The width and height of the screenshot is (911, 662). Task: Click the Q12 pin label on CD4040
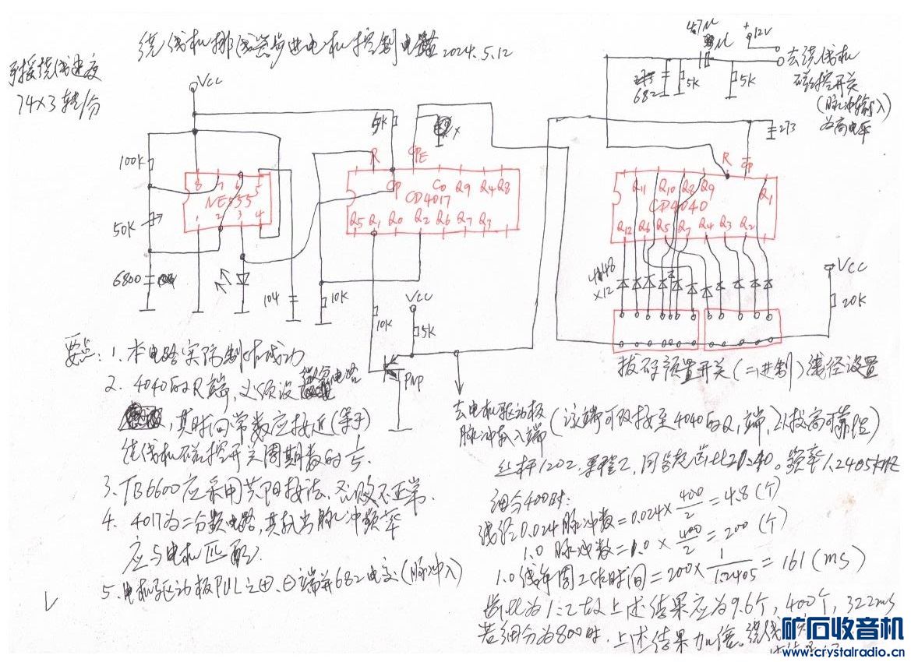pos(623,229)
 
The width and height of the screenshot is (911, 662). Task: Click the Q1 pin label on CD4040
pos(767,197)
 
